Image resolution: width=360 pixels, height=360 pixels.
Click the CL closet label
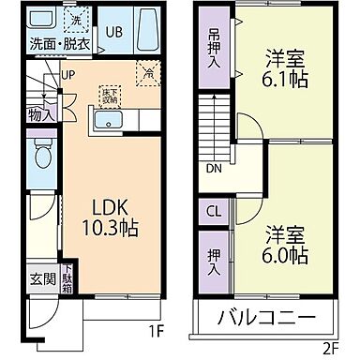pyautogui.click(x=213, y=210)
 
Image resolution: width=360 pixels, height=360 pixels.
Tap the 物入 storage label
pyautogui.click(x=39, y=113)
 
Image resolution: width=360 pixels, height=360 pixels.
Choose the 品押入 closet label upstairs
pyautogui.click(x=213, y=46)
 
